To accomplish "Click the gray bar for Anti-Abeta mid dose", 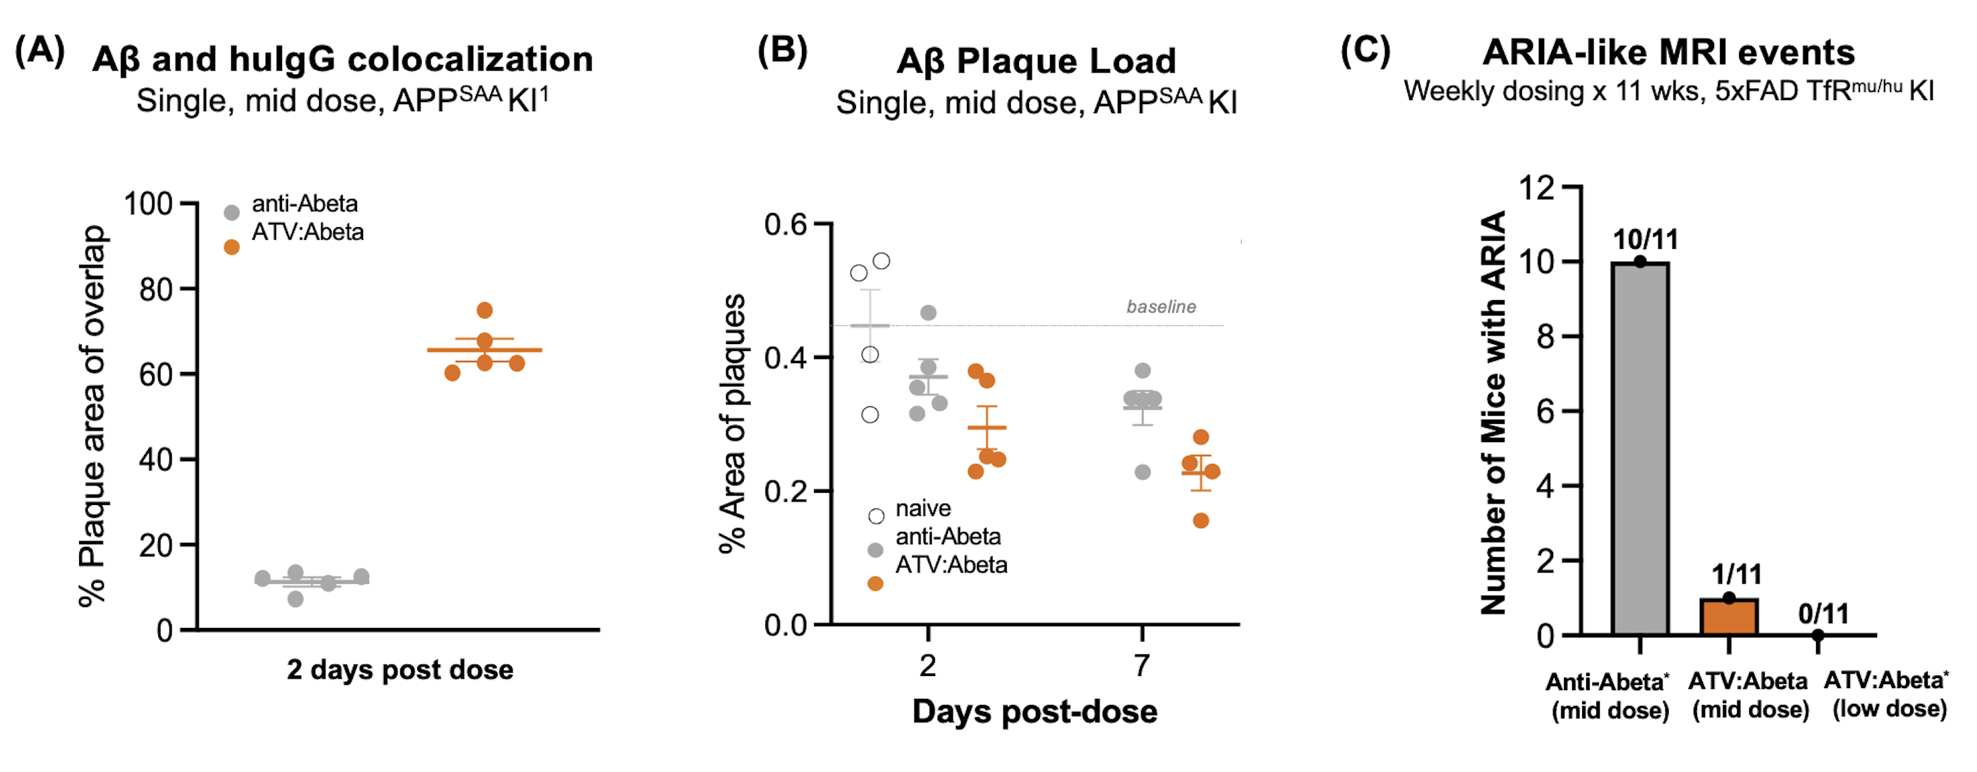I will [1640, 449].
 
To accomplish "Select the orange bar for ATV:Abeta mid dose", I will [1728, 617].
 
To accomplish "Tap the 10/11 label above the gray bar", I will [1645, 239].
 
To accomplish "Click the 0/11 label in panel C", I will [1823, 613].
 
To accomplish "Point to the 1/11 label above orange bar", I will [1736, 574].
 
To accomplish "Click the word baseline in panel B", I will [1160, 307].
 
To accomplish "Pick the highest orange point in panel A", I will [484, 310].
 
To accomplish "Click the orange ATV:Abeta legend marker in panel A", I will [231, 247].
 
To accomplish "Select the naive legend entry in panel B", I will [922, 509].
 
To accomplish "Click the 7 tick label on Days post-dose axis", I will [1142, 665].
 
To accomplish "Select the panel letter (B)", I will [782, 51].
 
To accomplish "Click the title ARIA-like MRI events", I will [1668, 52].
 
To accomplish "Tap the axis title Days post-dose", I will [1034, 711].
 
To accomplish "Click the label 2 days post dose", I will [400, 669].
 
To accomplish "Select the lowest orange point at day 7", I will [1201, 521].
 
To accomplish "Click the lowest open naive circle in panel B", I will [870, 414].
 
